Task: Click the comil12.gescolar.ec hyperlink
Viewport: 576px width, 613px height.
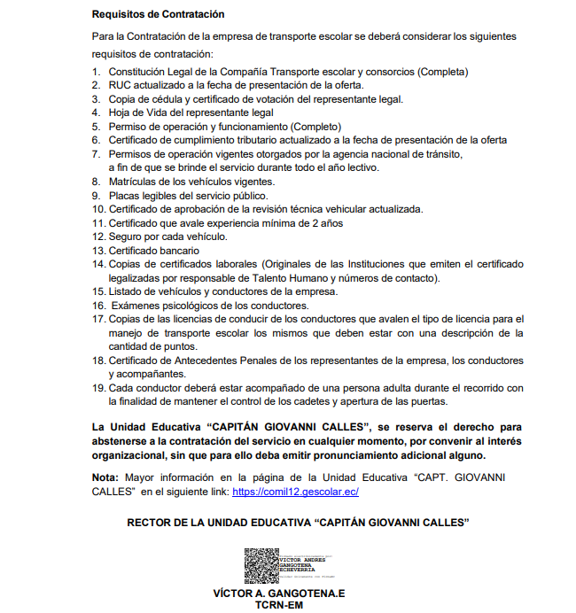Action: tap(295, 491)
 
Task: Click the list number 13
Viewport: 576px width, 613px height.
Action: tap(98, 251)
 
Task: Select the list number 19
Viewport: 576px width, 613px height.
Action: tap(98, 388)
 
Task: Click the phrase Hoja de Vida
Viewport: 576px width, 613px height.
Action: tap(138, 113)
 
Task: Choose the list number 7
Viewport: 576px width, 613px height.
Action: tap(97, 154)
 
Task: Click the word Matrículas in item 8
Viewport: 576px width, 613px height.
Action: tap(133, 182)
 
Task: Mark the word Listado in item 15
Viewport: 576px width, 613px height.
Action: tap(126, 291)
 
